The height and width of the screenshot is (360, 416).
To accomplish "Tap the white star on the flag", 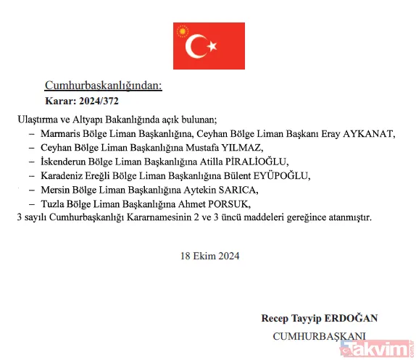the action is coord(213,47).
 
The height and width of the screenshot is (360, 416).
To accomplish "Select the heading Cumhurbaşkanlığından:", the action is coord(104,85).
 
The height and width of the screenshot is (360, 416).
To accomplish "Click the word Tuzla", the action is coord(52,204).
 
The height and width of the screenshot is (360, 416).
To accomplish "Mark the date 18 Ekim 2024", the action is coord(209,255).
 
